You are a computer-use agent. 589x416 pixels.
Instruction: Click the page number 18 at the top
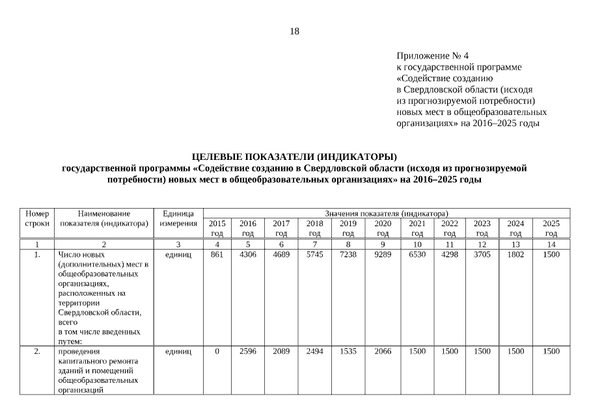coord(294,31)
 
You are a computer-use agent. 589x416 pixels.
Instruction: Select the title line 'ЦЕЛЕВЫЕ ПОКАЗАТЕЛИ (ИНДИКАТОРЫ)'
coord(294,157)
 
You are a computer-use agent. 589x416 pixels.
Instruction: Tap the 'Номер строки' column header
coord(37,218)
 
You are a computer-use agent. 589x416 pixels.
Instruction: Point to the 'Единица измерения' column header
coord(178,218)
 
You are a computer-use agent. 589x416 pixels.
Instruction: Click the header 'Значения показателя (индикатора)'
coord(387,213)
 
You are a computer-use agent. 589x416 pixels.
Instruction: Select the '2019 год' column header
coord(348,227)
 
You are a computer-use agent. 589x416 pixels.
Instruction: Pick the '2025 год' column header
coord(551,227)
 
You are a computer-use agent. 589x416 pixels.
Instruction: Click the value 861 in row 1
coord(217,255)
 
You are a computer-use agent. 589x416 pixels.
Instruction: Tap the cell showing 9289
coord(383,255)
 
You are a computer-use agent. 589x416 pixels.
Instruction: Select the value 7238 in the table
coord(348,255)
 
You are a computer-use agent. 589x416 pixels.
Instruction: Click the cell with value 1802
coord(515,255)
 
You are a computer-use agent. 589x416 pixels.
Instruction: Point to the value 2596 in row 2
coord(247,352)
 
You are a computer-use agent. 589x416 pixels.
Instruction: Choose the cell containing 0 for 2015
coord(217,352)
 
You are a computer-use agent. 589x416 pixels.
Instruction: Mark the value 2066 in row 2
coord(383,352)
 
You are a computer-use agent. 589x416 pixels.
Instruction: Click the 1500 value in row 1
coord(551,255)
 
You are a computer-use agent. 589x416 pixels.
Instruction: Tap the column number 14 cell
coord(551,244)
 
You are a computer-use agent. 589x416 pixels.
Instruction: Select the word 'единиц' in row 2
coord(178,352)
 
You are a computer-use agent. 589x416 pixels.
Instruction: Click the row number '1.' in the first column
coord(37,255)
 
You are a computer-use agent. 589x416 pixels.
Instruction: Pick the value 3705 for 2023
coord(482,255)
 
